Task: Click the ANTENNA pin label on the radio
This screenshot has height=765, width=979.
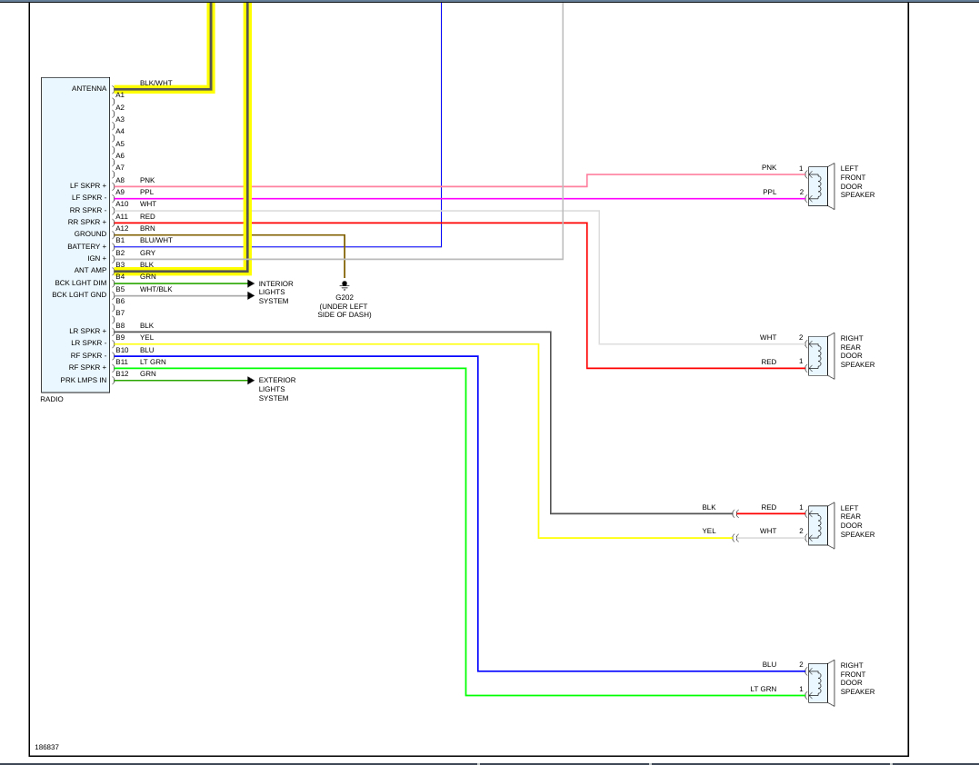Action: (x=89, y=88)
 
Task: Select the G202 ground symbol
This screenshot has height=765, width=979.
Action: (x=344, y=285)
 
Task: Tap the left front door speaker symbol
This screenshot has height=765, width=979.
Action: (x=820, y=186)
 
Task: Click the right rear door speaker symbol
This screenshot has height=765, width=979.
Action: (x=820, y=355)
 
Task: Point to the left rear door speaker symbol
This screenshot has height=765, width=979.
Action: (x=820, y=525)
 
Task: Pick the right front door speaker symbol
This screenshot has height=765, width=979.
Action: (x=820, y=683)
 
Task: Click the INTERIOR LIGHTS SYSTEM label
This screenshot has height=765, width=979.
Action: (x=275, y=293)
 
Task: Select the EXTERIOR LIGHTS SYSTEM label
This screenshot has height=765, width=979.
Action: (x=276, y=389)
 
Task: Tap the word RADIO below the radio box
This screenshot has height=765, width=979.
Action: (x=52, y=399)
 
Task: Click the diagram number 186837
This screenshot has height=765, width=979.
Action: (x=47, y=748)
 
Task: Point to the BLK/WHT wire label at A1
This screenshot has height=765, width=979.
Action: (x=155, y=83)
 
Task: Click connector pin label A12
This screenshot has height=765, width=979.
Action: (x=122, y=228)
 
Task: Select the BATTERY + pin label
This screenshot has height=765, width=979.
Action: (x=86, y=246)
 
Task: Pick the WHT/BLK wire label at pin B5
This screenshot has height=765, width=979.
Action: (x=155, y=289)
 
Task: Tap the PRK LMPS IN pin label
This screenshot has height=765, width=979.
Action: (x=83, y=380)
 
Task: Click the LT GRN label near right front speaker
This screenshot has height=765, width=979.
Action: (x=763, y=689)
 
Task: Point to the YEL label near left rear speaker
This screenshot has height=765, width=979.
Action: (x=708, y=531)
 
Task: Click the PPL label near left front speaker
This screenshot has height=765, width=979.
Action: (x=769, y=192)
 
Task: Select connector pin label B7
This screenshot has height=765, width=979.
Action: (x=120, y=313)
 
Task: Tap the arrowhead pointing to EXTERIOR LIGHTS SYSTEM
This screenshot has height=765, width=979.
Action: (x=251, y=380)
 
